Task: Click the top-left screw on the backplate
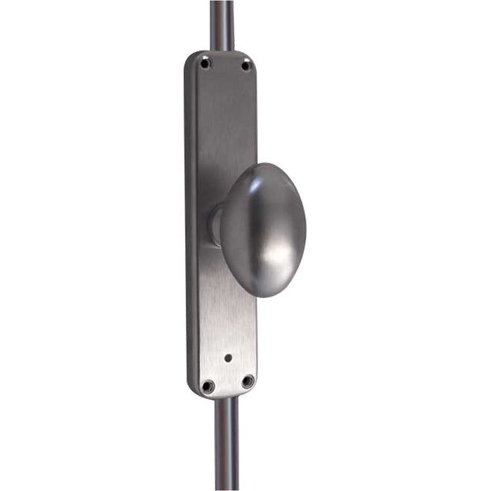205,64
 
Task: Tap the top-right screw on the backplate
245,65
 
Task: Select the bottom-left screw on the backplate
208,385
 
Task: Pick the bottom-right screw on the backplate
248,381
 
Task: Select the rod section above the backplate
222,25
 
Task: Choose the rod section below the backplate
227,442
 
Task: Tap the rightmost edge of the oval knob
305,228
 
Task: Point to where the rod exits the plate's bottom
227,398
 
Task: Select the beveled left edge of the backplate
190,224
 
